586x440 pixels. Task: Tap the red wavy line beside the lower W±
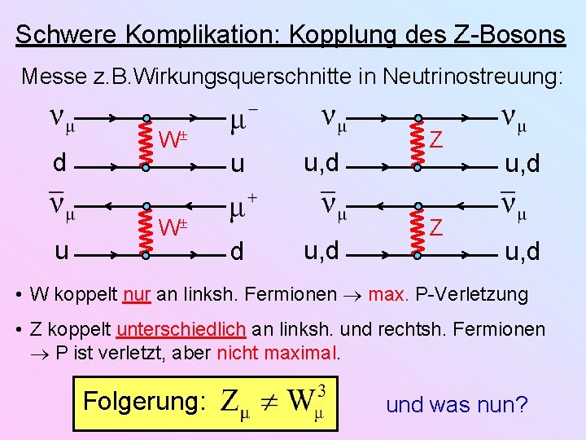coord(144,231)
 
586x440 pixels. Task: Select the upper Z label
coord(437,141)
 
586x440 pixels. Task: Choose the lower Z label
coord(437,228)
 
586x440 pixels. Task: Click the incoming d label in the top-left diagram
coord(59,163)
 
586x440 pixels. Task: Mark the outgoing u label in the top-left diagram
coord(237,165)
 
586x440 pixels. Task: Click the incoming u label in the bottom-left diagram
coord(61,250)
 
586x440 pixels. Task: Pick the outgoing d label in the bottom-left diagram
coord(237,252)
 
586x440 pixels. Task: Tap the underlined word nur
coord(137,293)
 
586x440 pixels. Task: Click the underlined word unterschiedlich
coord(181,328)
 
